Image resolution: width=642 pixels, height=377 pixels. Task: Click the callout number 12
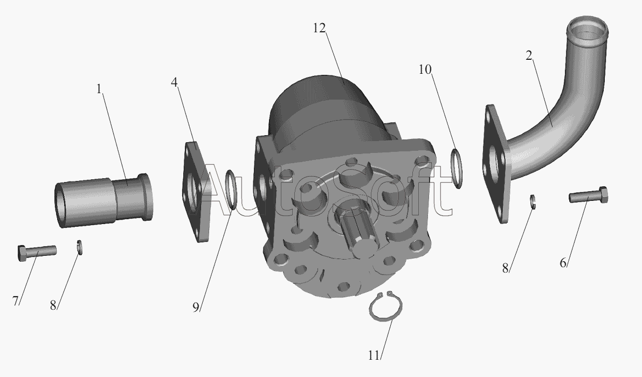coord(319,28)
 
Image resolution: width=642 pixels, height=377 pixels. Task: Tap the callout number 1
coord(99,89)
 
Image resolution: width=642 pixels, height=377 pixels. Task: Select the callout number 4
coord(175,82)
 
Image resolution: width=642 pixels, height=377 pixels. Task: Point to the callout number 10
coord(425,69)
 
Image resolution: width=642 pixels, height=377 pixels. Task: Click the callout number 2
coord(529,55)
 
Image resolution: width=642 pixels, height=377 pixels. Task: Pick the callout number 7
coord(16,301)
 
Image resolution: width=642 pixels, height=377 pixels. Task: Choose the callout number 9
coord(196,306)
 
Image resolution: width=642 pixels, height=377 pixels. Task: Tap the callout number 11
coord(374,356)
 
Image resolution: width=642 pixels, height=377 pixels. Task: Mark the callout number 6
coord(563,262)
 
